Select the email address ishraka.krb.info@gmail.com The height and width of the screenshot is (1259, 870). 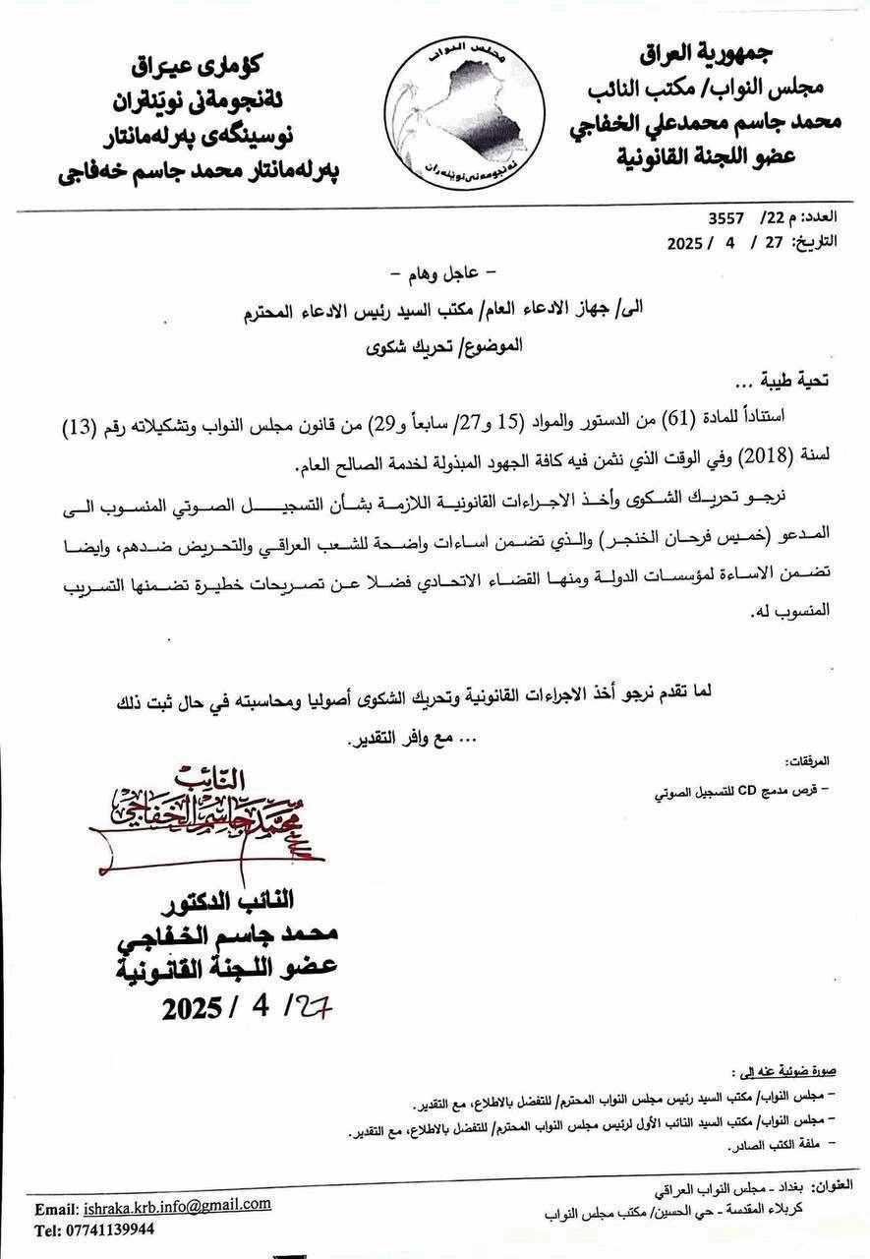coord(177,1205)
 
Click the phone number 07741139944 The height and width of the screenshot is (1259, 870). coord(108,1229)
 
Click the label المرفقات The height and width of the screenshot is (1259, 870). coord(809,762)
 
